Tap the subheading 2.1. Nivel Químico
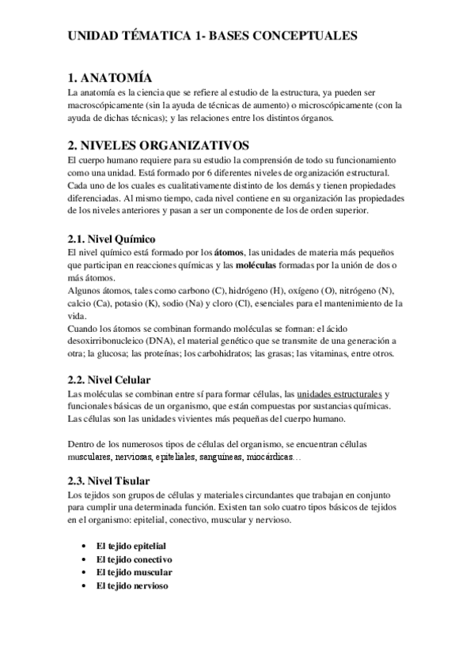tap(110, 238)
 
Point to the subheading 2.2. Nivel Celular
tap(109, 380)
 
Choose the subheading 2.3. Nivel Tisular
tap(108, 480)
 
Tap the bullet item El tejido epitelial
tap(131, 546)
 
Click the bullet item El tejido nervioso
tap(131, 585)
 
